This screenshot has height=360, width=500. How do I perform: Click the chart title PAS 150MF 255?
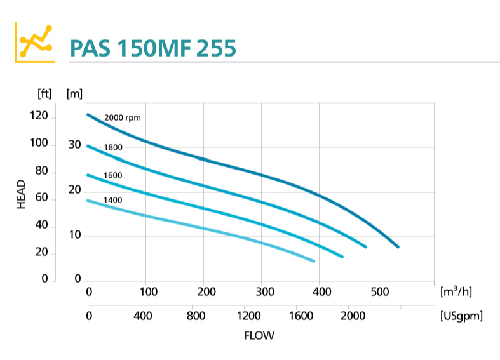coord(153,48)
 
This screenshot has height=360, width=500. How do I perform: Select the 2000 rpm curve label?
coord(122,117)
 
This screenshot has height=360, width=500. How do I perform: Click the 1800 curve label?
coord(113,147)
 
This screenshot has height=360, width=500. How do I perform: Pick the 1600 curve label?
coord(113,175)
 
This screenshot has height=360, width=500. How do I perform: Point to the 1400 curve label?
coord(113,200)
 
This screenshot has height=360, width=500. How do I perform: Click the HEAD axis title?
coord(21,194)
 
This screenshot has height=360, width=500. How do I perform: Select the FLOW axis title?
coord(259,335)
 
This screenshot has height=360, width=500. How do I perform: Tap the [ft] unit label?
coord(44,93)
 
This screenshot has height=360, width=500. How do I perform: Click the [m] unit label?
coord(74,93)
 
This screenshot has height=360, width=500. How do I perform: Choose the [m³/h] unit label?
coord(456,291)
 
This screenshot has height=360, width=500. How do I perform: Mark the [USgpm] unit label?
coord(461,315)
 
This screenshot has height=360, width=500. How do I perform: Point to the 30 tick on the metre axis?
coord(75,145)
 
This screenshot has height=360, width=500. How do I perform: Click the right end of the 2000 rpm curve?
coord(398,246)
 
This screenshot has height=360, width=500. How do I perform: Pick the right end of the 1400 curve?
coord(313,261)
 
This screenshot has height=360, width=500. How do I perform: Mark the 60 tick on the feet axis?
coord(41,199)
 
